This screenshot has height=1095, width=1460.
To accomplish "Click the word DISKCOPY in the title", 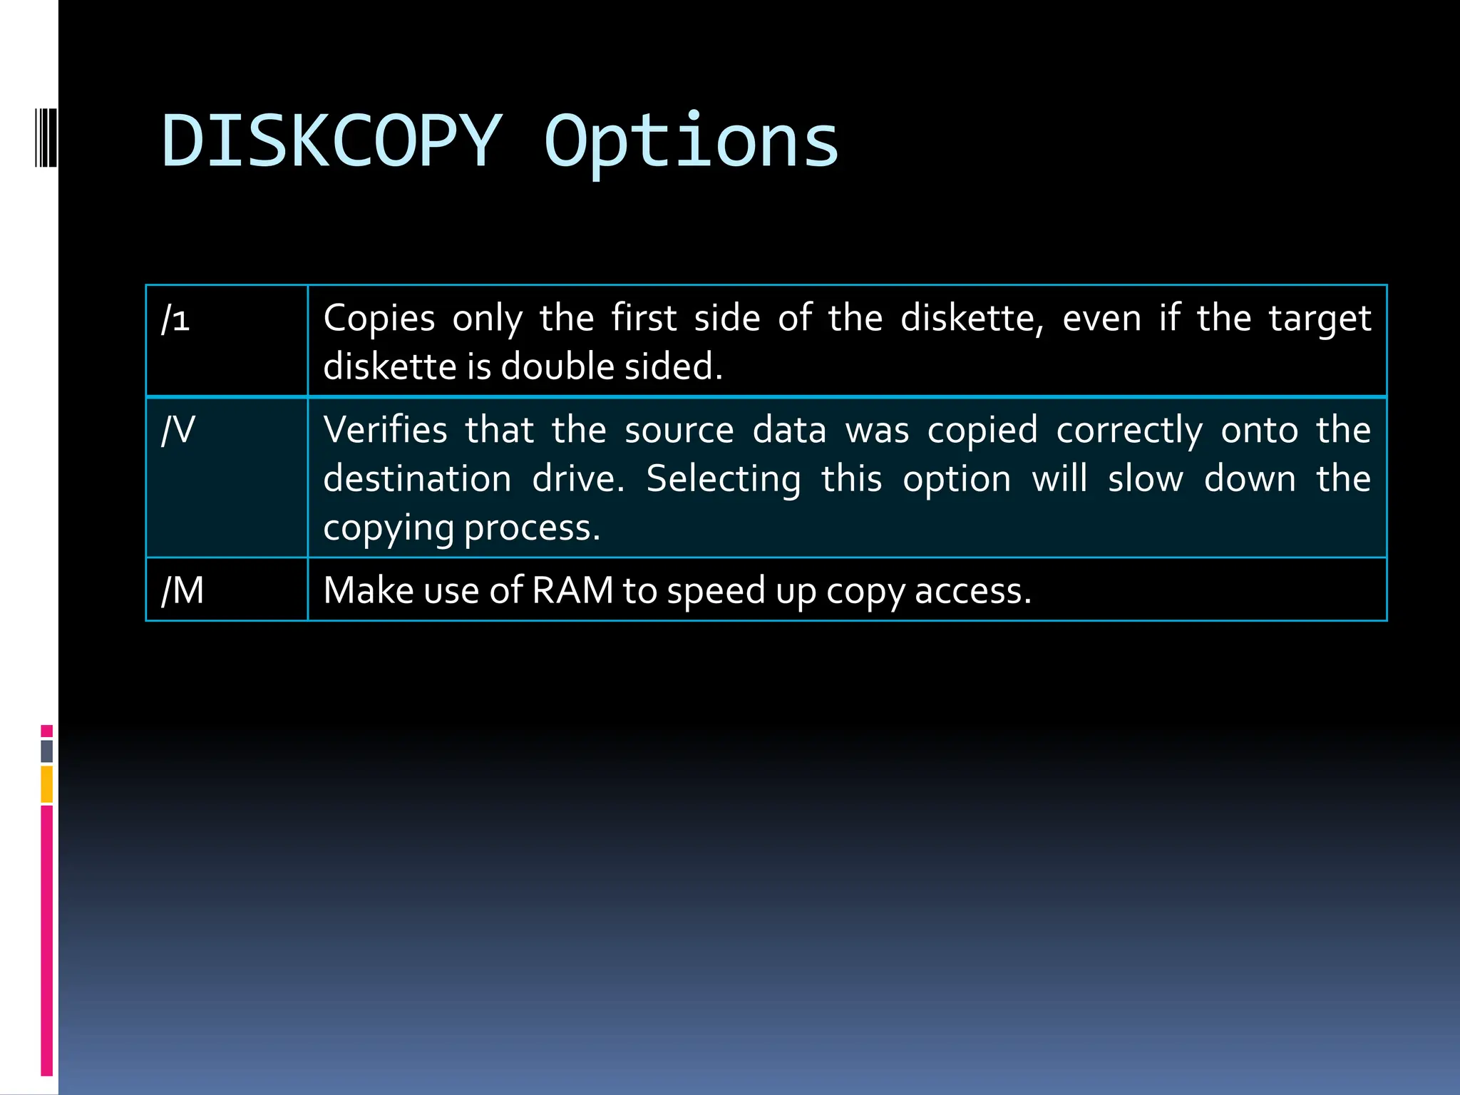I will tap(332, 141).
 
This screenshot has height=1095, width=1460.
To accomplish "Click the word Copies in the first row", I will tap(379, 319).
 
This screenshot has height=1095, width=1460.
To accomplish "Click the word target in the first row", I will tap(1320, 319).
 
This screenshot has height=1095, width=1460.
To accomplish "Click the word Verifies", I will tap(385, 431).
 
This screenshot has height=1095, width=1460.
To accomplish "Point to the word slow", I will tap(1145, 479).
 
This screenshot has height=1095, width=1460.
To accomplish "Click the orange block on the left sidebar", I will tap(47, 784).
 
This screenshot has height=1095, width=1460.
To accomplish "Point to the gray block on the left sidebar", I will tap(47, 751).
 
